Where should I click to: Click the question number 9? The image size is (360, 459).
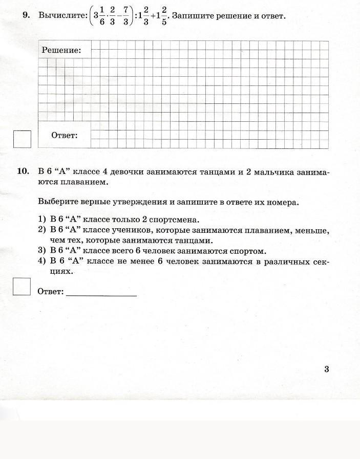[x=26, y=15]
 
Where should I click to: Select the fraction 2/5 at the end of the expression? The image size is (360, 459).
[x=164, y=17]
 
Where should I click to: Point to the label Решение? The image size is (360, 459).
[x=61, y=50]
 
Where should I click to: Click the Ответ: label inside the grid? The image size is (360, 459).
[x=65, y=136]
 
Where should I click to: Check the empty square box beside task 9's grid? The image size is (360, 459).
[x=22, y=139]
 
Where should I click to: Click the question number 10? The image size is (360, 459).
[x=24, y=171]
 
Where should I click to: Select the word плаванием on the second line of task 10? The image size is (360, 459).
[x=87, y=182]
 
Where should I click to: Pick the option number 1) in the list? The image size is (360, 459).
[x=42, y=220]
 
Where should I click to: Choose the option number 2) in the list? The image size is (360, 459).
[x=42, y=230]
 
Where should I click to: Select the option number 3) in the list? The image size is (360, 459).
[x=42, y=251]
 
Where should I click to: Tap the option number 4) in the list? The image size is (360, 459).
[x=42, y=262]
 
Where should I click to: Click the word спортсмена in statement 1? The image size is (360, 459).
[x=173, y=220]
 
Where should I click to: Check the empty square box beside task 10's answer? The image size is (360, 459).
[x=22, y=287]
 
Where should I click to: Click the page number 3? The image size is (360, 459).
[x=326, y=369]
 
